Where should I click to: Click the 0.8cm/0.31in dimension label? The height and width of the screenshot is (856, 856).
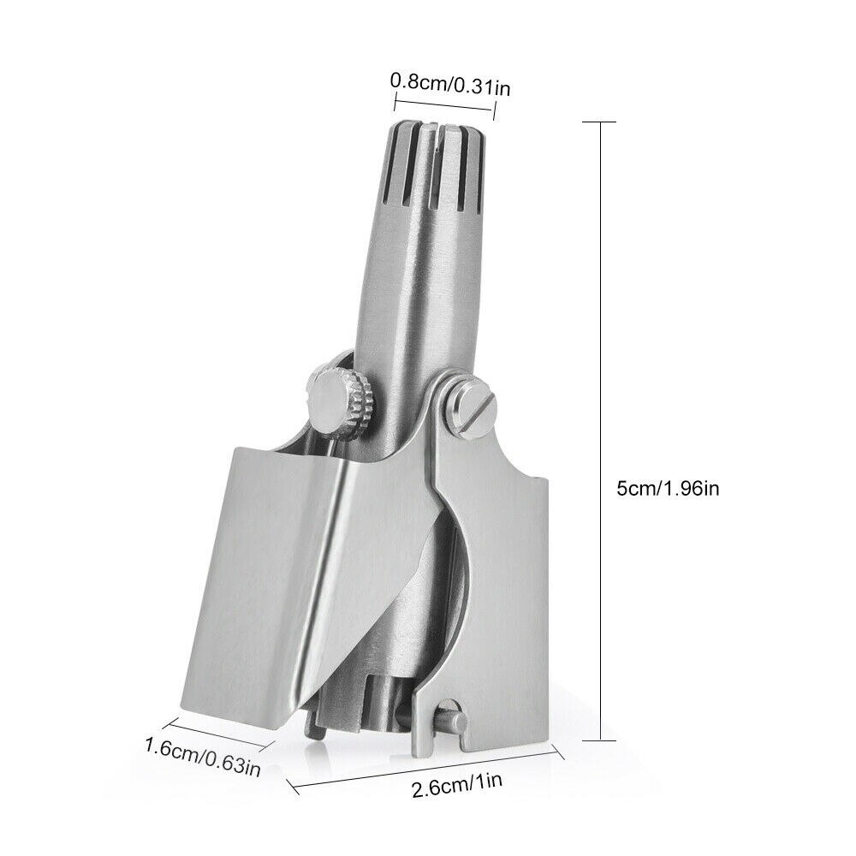click(x=450, y=85)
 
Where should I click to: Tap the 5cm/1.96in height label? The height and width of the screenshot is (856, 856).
click(x=668, y=488)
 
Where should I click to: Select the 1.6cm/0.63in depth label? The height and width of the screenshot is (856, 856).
click(x=203, y=756)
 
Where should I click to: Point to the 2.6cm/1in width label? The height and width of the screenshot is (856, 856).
click(x=457, y=784)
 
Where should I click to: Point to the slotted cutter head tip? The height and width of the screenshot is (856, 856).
click(x=432, y=163)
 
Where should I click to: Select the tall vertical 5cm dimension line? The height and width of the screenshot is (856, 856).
click(x=601, y=431)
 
